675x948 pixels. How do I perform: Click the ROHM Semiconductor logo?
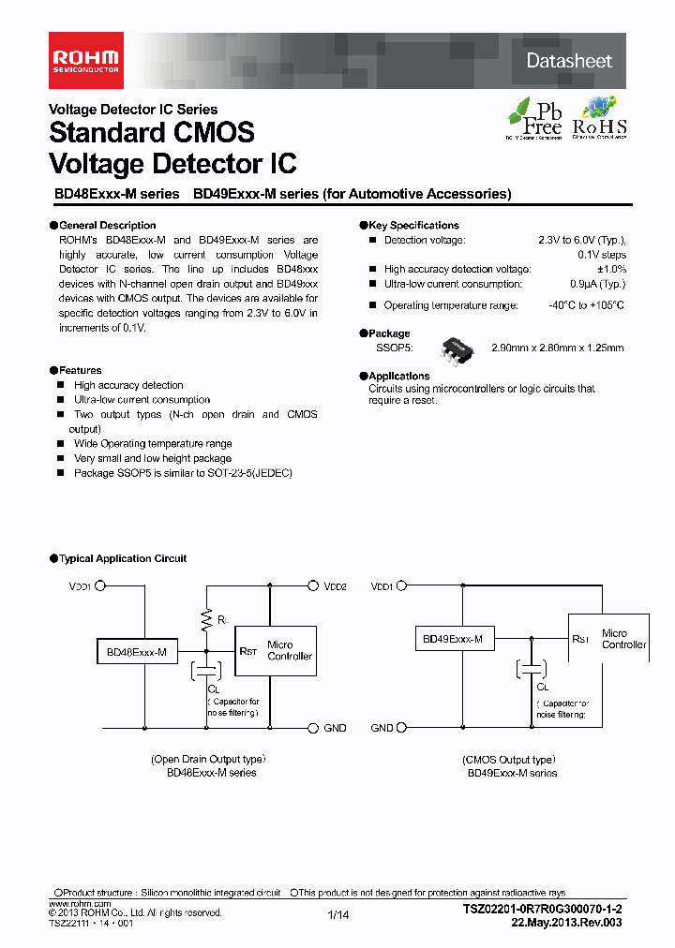[x=85, y=60]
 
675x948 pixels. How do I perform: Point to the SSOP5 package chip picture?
[x=458, y=348]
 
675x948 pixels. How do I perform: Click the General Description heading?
[x=107, y=226]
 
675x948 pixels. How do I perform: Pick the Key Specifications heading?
[x=413, y=226]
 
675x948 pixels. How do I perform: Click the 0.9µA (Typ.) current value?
[x=597, y=284]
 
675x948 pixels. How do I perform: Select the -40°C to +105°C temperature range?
[x=586, y=305]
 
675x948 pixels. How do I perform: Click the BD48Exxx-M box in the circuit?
[x=136, y=652]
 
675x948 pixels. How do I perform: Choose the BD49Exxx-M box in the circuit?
[x=453, y=639]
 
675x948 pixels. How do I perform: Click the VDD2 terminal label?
[x=336, y=586]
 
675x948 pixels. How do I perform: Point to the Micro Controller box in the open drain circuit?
[x=289, y=650]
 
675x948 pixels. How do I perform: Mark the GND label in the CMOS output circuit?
[x=382, y=728]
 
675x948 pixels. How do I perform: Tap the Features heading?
[x=80, y=371]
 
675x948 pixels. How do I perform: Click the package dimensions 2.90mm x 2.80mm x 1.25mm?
[x=557, y=348]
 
